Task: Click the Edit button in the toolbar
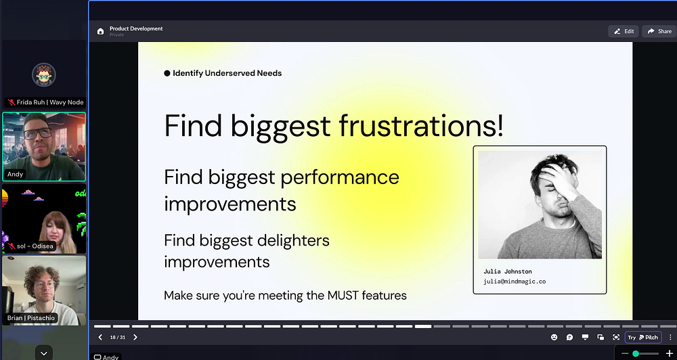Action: click(624, 31)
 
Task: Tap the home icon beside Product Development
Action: click(101, 31)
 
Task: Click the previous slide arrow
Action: click(100, 337)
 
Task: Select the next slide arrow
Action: click(135, 337)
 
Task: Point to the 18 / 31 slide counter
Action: click(117, 337)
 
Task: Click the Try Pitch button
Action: click(643, 337)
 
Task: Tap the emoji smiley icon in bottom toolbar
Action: click(554, 337)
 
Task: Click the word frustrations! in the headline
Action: click(421, 125)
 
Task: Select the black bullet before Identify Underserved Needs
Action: click(167, 73)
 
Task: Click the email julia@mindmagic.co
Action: click(515, 282)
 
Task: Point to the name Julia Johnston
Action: click(508, 271)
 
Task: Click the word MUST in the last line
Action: click(343, 296)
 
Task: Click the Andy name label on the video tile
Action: click(15, 174)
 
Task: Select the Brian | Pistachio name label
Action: click(31, 318)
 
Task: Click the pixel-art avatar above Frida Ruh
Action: click(43, 75)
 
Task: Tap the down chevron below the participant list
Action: click(43, 353)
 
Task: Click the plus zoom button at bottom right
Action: click(670, 354)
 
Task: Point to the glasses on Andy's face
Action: click(37, 133)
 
